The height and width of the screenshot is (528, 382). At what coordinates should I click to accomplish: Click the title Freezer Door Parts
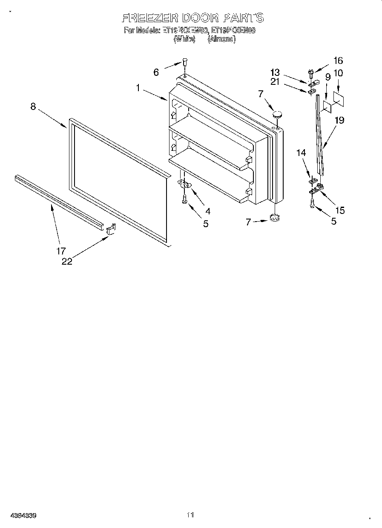point(192,18)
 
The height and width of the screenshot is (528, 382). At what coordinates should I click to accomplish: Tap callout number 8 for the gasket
point(33,107)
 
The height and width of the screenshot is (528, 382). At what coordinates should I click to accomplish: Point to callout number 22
point(67,262)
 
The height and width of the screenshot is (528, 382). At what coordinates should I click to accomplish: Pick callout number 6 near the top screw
point(156,72)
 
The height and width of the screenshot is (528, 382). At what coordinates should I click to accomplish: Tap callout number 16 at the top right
point(338,61)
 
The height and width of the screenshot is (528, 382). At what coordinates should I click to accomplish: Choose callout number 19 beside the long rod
point(339,121)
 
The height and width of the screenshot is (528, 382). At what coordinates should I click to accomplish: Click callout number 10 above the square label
point(338,73)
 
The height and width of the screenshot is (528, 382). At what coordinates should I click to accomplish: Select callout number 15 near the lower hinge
point(339,210)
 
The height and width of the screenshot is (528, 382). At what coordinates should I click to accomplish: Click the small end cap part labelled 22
point(110,230)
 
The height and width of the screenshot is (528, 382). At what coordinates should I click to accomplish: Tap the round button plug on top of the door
point(278,114)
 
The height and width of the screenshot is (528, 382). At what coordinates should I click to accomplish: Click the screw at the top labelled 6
point(184,62)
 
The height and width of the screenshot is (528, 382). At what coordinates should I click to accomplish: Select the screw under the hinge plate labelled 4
point(185,198)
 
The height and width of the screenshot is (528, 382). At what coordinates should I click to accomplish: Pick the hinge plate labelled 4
point(184,184)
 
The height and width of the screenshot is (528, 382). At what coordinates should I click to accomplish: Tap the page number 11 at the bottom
point(190,515)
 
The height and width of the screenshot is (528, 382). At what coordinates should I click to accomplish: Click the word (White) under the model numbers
point(184,39)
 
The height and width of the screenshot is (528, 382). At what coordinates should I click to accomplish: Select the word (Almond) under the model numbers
point(221,39)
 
